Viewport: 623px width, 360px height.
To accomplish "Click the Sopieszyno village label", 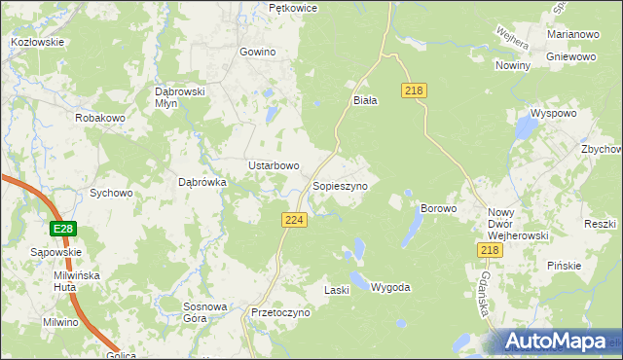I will [339, 185].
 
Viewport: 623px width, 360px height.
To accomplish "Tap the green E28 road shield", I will [63, 229].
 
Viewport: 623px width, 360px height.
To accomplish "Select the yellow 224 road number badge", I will [296, 221].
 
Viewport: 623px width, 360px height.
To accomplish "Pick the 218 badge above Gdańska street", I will [490, 251].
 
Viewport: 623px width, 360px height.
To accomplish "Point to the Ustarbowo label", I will [273, 165].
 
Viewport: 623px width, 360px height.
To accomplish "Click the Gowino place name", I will [258, 52].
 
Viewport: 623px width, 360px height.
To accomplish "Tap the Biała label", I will [364, 99].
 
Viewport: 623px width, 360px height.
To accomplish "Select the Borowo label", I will [438, 209].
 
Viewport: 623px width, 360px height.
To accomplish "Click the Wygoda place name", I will [390, 288].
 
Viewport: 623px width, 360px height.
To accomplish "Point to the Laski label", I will [336, 290].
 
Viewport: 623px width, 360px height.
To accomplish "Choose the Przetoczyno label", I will [279, 313].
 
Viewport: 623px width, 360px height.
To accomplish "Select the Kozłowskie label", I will [37, 43].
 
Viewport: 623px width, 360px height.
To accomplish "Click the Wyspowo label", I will [555, 113].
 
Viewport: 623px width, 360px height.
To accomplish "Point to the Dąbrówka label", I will [202, 181].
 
